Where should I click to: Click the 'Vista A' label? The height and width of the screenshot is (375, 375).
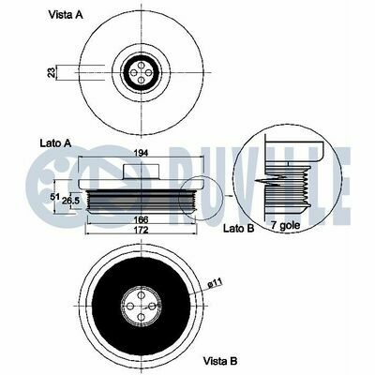66,15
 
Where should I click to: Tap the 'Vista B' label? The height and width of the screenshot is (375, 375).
220,361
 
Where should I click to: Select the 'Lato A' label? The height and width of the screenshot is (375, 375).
56,143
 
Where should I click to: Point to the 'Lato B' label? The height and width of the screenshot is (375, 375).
239,229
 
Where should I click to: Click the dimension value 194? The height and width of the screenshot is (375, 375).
141,153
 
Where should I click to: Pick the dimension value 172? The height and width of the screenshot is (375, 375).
141,230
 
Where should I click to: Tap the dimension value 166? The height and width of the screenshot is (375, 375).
141,219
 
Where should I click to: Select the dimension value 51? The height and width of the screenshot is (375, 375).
55,197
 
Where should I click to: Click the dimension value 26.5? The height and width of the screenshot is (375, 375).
70,201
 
